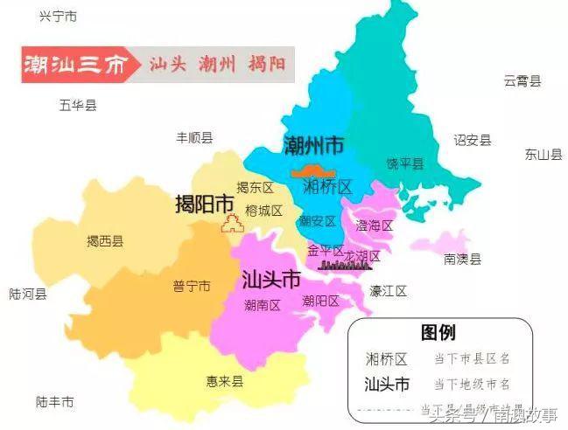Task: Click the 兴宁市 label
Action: click(59, 17)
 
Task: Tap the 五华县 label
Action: click(78, 105)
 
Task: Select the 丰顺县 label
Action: click(194, 137)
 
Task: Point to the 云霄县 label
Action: click(522, 80)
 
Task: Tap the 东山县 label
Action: click(543, 155)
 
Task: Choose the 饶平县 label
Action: click(404, 163)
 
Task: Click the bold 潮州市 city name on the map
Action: click(313, 145)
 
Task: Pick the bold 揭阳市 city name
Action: click(205, 204)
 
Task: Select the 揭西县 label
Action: click(104, 241)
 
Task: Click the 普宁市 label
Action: click(191, 286)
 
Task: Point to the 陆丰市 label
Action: click(55, 402)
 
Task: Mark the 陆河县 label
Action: click(28, 295)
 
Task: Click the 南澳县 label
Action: click(462, 259)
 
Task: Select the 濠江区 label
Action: click(388, 290)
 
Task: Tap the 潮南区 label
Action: click(262, 305)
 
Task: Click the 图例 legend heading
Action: click(438, 332)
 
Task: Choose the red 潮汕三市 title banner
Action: click(74, 66)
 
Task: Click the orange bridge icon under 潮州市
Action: click(313, 170)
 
